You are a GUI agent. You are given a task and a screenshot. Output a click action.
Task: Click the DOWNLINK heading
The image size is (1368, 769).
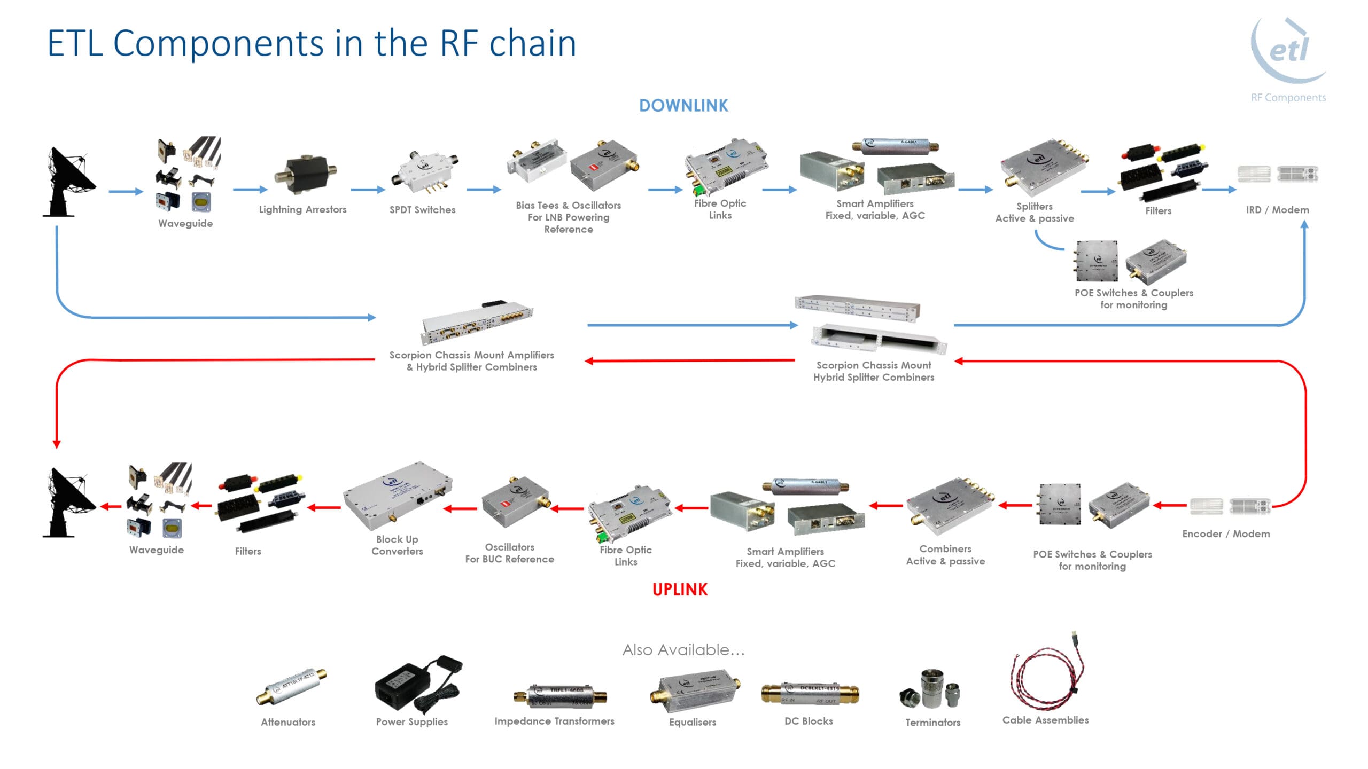click(683, 106)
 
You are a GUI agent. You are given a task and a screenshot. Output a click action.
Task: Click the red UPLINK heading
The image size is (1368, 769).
click(680, 590)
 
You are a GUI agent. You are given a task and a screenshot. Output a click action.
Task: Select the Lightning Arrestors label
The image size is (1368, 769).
click(302, 209)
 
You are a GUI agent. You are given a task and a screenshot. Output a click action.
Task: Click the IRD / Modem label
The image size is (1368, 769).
click(1277, 210)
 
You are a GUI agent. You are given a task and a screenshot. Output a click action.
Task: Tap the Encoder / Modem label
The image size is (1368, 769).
click(1226, 533)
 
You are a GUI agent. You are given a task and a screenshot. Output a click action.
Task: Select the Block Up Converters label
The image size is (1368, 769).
click(397, 545)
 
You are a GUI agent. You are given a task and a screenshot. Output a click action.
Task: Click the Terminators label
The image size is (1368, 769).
click(932, 722)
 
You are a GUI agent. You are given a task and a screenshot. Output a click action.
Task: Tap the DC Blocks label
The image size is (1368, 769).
click(809, 721)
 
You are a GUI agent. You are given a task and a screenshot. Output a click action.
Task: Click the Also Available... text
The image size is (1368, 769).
click(683, 650)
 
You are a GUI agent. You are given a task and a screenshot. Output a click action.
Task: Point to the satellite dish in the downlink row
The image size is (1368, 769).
click(68, 182)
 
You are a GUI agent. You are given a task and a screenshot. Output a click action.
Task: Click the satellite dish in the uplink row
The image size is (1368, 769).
click(68, 502)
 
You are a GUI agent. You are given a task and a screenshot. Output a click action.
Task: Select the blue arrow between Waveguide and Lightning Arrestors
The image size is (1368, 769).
click(250, 189)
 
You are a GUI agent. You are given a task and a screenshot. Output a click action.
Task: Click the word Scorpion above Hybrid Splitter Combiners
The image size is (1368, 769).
click(837, 365)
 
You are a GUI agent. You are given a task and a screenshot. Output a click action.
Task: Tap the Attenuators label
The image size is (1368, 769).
click(288, 722)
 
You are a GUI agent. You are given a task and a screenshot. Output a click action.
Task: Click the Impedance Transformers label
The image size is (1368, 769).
click(554, 721)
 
